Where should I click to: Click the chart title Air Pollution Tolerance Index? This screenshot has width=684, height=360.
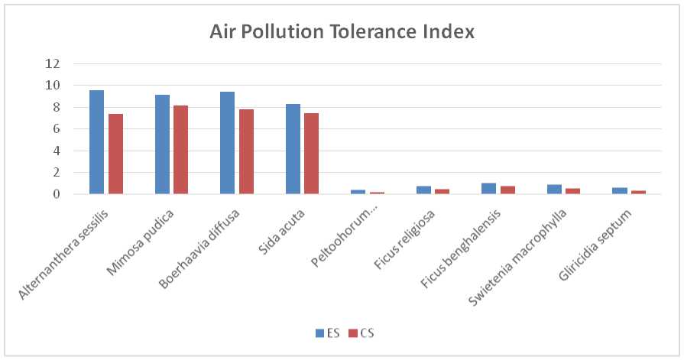(x=342, y=33)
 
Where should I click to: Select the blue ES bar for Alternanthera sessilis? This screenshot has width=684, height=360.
(x=96, y=142)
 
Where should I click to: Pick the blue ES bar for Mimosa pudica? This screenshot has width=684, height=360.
(x=162, y=144)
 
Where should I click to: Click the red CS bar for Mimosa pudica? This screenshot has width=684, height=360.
(x=180, y=150)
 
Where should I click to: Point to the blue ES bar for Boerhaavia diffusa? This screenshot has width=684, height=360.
(x=227, y=143)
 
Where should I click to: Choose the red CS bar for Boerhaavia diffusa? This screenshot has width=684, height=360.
(x=246, y=151)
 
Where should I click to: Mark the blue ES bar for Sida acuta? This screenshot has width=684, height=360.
(x=293, y=149)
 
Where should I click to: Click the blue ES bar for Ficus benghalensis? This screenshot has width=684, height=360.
(x=488, y=189)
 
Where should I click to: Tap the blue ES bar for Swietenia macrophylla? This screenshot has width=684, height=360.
(x=554, y=190)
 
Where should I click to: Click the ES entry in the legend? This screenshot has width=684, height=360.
(x=328, y=333)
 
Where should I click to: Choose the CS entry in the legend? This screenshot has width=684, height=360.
(x=361, y=333)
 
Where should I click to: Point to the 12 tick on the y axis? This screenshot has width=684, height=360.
(x=53, y=64)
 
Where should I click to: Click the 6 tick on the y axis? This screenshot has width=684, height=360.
(x=56, y=129)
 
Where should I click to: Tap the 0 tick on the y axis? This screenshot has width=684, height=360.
(x=56, y=194)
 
